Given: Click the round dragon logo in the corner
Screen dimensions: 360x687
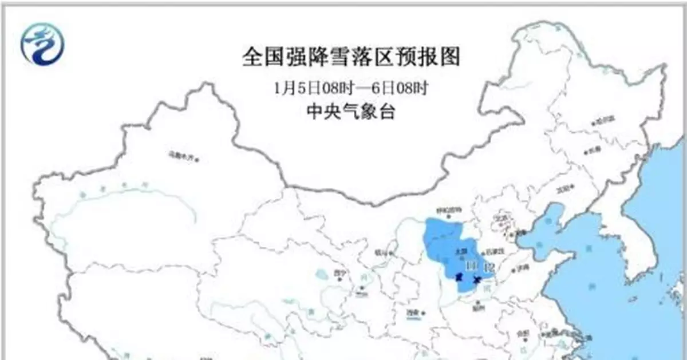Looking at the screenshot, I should pos(42,45).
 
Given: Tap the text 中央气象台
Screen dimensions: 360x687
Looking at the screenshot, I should pos(351,112).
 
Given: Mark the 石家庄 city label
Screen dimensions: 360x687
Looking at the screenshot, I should pos(493,251).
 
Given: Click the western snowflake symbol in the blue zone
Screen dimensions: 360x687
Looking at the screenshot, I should pos(458,278).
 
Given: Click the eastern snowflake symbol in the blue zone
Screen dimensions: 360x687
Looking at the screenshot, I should pos(477,279).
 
